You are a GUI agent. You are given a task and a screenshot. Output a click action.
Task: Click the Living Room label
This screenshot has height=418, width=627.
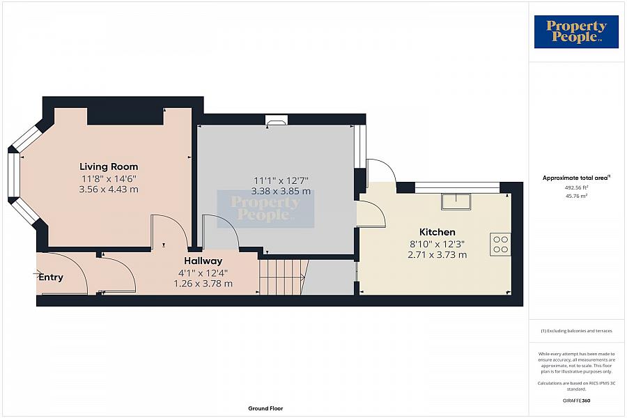pos(109,167)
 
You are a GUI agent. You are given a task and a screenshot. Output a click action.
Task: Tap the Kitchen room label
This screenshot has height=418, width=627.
pos(437,232)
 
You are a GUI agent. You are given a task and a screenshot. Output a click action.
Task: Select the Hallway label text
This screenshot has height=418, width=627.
pos(203,261)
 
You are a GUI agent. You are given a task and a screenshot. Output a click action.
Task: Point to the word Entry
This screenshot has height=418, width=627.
pos(51,277)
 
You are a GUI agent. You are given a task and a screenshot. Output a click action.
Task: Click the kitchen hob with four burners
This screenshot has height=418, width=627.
pos(500,245)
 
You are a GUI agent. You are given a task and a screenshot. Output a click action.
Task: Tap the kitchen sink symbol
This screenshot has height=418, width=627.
pos(456,201)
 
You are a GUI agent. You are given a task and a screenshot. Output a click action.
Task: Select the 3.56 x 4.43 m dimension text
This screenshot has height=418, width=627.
pos(109,189)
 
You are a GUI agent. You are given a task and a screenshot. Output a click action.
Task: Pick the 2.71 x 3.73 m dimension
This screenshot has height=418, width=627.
pos(437,255)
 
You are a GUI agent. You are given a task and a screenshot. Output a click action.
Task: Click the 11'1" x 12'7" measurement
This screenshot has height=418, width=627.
pos(281,180)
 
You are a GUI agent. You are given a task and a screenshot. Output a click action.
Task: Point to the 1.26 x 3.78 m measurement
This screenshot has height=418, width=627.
pos(203,284)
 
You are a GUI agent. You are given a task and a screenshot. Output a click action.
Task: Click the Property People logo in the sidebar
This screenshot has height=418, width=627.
pos(576,32)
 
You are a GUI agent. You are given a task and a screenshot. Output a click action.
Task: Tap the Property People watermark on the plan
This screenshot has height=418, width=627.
pos(265,209)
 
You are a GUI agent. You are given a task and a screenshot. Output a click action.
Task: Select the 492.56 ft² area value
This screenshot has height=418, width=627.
pos(576,187)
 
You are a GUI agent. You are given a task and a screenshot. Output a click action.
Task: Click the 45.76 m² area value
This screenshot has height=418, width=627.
pos(576,196)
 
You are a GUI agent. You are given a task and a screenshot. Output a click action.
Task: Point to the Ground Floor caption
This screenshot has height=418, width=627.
pos(265,408)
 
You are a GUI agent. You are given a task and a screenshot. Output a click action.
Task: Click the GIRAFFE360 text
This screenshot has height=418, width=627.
pos(576,401)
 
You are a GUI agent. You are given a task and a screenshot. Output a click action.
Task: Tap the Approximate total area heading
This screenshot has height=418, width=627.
pos(576,178)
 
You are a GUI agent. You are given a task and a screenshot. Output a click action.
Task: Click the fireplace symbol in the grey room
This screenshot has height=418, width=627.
pos(277,120)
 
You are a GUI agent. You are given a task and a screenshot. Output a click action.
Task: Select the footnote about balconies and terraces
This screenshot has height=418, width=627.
pos(576,331)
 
